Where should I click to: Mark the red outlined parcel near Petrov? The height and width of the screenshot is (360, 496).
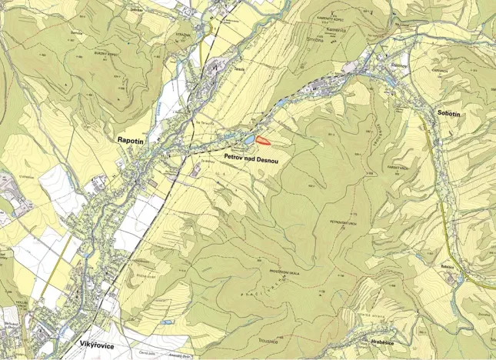pos(263,140)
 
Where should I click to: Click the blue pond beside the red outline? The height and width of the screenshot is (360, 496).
pos(249,139)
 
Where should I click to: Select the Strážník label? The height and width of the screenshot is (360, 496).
pos(202,35)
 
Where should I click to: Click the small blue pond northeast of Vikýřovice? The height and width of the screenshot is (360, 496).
pos(167,322)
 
